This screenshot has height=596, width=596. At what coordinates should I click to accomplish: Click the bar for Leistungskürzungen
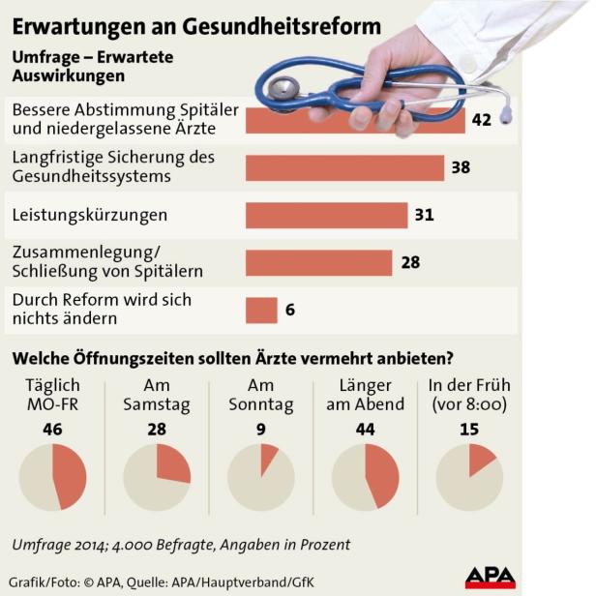click(326, 215)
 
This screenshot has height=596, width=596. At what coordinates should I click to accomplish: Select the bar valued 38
click(344, 167)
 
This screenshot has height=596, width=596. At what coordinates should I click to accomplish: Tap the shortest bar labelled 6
click(261, 310)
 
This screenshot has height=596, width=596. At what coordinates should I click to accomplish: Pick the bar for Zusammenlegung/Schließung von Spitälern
click(318, 262)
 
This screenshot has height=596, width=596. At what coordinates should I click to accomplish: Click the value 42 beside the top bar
click(483, 120)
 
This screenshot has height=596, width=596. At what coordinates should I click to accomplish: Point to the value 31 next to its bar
click(424, 215)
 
